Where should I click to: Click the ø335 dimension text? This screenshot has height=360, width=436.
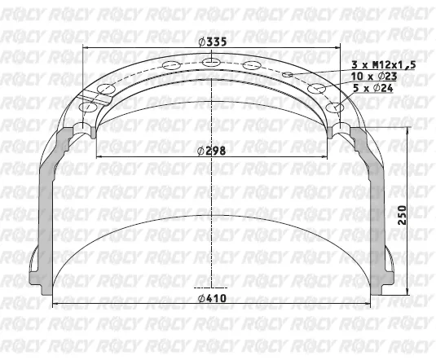pyautogui.click(x=214, y=43)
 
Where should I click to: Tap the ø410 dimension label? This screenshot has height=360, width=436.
pyautogui.click(x=214, y=298)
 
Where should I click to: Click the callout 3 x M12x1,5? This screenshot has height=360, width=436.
pyautogui.click(x=383, y=64)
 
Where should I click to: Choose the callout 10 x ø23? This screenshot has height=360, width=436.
pyautogui.click(x=372, y=76)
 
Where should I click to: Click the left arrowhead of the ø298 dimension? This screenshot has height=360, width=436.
pyautogui.click(x=100, y=156)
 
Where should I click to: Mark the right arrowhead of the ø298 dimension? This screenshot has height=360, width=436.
pyautogui.click(x=327, y=156)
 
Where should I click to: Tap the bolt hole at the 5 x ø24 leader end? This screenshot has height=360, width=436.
pyautogui.click(x=333, y=107)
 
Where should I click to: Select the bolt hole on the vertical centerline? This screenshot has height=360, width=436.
pyautogui.click(x=214, y=61)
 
